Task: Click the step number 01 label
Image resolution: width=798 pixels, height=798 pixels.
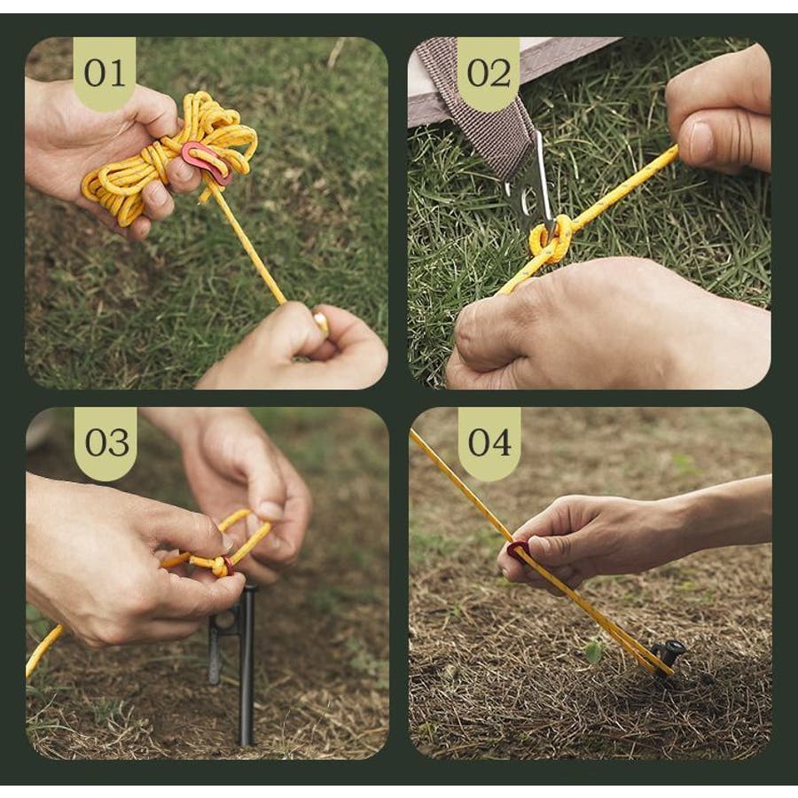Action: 105,73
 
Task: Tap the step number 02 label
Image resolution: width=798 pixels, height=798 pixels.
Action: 489,73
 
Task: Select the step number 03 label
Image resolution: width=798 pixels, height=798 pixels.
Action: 107,442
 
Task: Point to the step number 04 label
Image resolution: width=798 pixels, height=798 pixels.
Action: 489,442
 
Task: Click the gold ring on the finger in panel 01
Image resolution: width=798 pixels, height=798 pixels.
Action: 322,325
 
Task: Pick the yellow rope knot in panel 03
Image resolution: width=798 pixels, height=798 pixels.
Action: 220,565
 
